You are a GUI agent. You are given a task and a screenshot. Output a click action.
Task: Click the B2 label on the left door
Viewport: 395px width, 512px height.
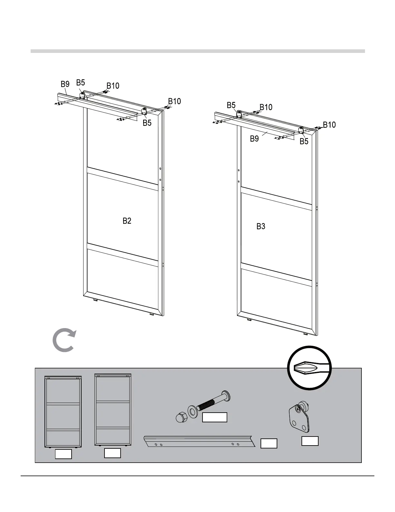(127, 221)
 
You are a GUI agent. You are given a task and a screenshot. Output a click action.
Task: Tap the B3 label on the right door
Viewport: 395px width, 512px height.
(261, 226)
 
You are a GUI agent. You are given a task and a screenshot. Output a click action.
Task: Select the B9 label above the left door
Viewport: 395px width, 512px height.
(65, 84)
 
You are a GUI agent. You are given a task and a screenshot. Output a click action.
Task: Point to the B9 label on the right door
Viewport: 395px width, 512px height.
(254, 139)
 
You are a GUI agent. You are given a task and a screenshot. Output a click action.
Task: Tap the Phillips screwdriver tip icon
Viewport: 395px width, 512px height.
(310, 368)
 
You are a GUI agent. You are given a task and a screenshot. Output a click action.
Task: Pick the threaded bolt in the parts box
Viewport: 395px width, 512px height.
(214, 401)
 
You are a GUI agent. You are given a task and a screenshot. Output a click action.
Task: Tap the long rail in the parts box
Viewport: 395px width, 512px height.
(199, 441)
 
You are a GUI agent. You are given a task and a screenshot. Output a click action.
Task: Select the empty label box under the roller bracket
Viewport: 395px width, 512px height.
(310, 441)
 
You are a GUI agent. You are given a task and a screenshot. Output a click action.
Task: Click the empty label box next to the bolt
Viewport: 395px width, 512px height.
(214, 417)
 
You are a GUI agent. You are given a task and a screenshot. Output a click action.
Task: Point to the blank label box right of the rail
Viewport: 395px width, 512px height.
(269, 443)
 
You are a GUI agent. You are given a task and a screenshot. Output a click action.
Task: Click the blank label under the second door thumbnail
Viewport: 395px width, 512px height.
(113, 453)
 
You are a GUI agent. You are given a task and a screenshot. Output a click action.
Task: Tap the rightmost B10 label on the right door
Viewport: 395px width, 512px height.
(329, 125)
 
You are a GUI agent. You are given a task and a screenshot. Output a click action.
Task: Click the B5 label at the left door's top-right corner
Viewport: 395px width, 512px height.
(147, 123)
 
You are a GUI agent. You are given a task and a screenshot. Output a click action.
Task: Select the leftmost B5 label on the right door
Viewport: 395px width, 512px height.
(231, 105)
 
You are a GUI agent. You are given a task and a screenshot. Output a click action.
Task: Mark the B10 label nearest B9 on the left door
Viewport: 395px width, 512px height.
(113, 86)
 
